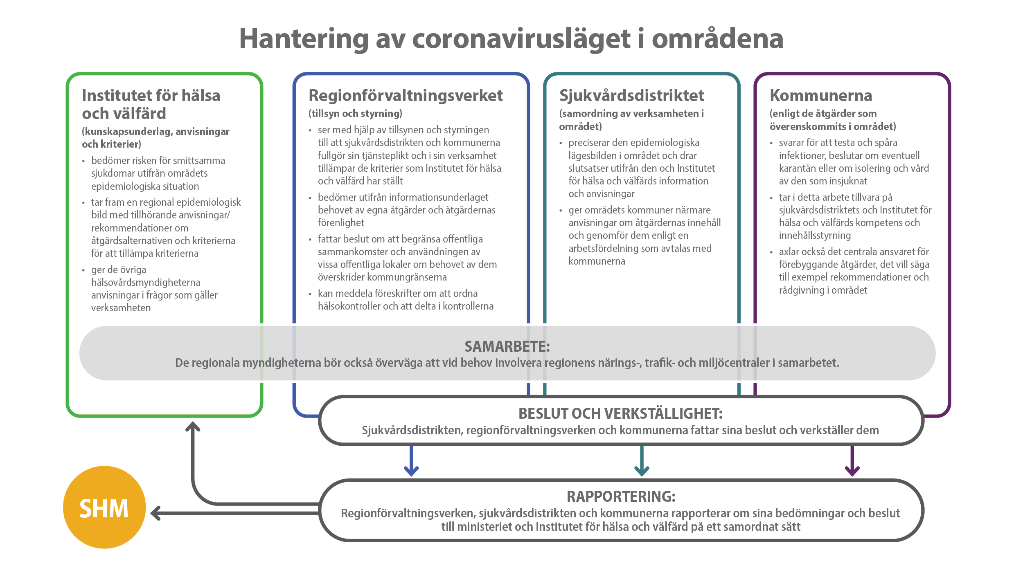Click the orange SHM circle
(x=104, y=507)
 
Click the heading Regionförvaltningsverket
(x=406, y=96)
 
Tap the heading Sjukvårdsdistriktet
(x=631, y=96)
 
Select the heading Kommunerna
(x=821, y=96)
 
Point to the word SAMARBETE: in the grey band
(x=507, y=347)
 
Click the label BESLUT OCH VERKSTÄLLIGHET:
(x=620, y=414)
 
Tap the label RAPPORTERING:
(x=621, y=496)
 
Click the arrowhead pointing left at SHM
(x=156, y=513)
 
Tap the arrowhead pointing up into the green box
(x=193, y=427)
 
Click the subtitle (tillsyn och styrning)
(x=355, y=114)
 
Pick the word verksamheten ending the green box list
(x=121, y=308)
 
